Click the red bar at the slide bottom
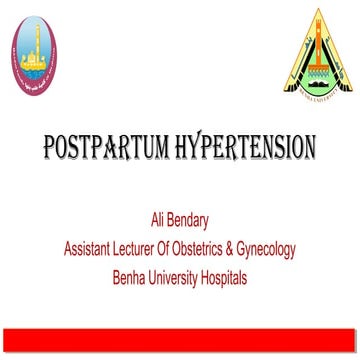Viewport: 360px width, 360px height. tap(180, 341)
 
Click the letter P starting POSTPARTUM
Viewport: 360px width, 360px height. tap(50, 152)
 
